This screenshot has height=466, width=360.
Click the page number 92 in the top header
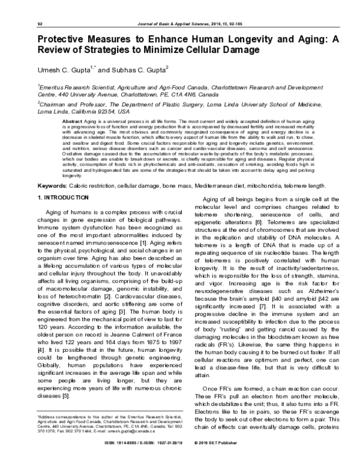click(x=40, y=24)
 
